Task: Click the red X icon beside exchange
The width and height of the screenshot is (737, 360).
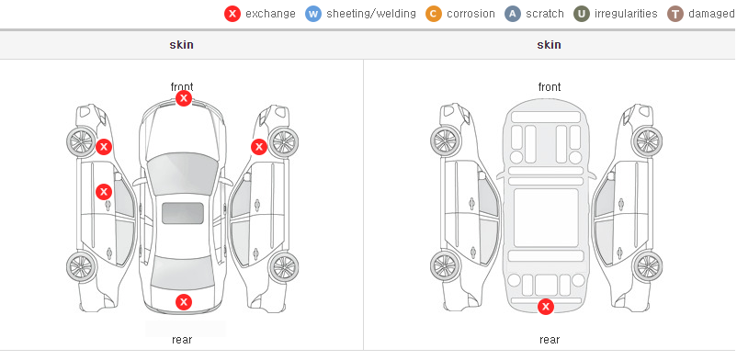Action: coord(232,14)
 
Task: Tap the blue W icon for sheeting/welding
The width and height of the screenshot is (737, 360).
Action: coord(313,14)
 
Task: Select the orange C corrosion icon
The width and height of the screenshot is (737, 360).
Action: coord(434,14)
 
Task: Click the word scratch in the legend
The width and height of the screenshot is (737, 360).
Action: coord(545,14)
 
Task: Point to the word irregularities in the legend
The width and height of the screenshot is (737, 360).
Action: coord(626,14)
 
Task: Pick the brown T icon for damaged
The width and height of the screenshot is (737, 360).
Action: coord(675,14)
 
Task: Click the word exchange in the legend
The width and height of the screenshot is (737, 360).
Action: coord(270,14)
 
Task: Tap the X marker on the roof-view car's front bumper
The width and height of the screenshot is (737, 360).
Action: coord(183,98)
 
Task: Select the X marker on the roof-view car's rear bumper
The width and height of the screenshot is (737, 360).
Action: coord(184,302)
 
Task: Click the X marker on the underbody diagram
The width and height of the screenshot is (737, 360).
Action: coord(546,307)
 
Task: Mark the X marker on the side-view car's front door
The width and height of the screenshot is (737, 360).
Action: coord(104,192)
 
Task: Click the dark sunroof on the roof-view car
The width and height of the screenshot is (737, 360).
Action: coord(183,213)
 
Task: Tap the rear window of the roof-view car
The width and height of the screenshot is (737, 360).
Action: coord(183,274)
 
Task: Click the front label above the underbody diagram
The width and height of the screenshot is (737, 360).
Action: coord(550,87)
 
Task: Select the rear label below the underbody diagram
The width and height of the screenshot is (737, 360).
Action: coord(550,339)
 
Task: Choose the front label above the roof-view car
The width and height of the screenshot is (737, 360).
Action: coord(182,86)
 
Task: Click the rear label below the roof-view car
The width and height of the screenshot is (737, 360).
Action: coord(182,339)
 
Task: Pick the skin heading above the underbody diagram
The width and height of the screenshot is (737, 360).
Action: coord(549,45)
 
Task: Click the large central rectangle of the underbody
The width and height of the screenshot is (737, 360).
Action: coord(546,218)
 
